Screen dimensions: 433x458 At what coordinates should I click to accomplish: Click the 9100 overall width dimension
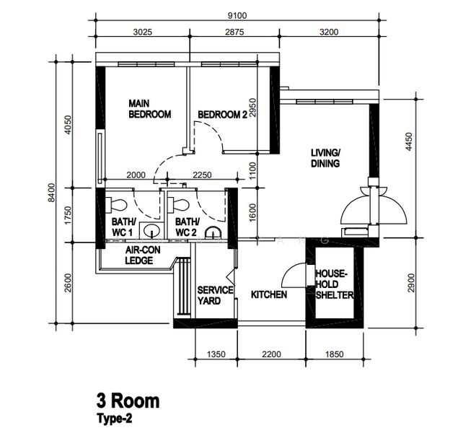tap(238, 14)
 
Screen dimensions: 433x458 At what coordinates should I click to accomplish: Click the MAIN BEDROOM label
tap(149, 109)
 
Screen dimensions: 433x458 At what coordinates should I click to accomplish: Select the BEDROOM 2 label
tap(222, 114)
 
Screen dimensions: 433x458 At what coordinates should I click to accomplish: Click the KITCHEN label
tap(269, 295)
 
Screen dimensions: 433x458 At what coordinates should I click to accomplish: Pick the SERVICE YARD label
tap(215, 295)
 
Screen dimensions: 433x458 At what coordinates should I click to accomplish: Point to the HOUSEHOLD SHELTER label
tap(334, 285)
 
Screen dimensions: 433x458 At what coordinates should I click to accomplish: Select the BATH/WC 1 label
tap(123, 227)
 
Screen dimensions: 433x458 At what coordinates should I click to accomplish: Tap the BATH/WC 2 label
tap(187, 227)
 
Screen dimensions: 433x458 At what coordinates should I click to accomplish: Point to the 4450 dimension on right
tap(410, 141)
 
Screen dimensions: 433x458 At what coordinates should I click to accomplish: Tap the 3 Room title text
tap(128, 401)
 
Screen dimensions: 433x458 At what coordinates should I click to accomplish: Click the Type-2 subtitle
tap(115, 417)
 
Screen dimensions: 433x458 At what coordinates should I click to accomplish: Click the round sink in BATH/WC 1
tap(151, 232)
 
